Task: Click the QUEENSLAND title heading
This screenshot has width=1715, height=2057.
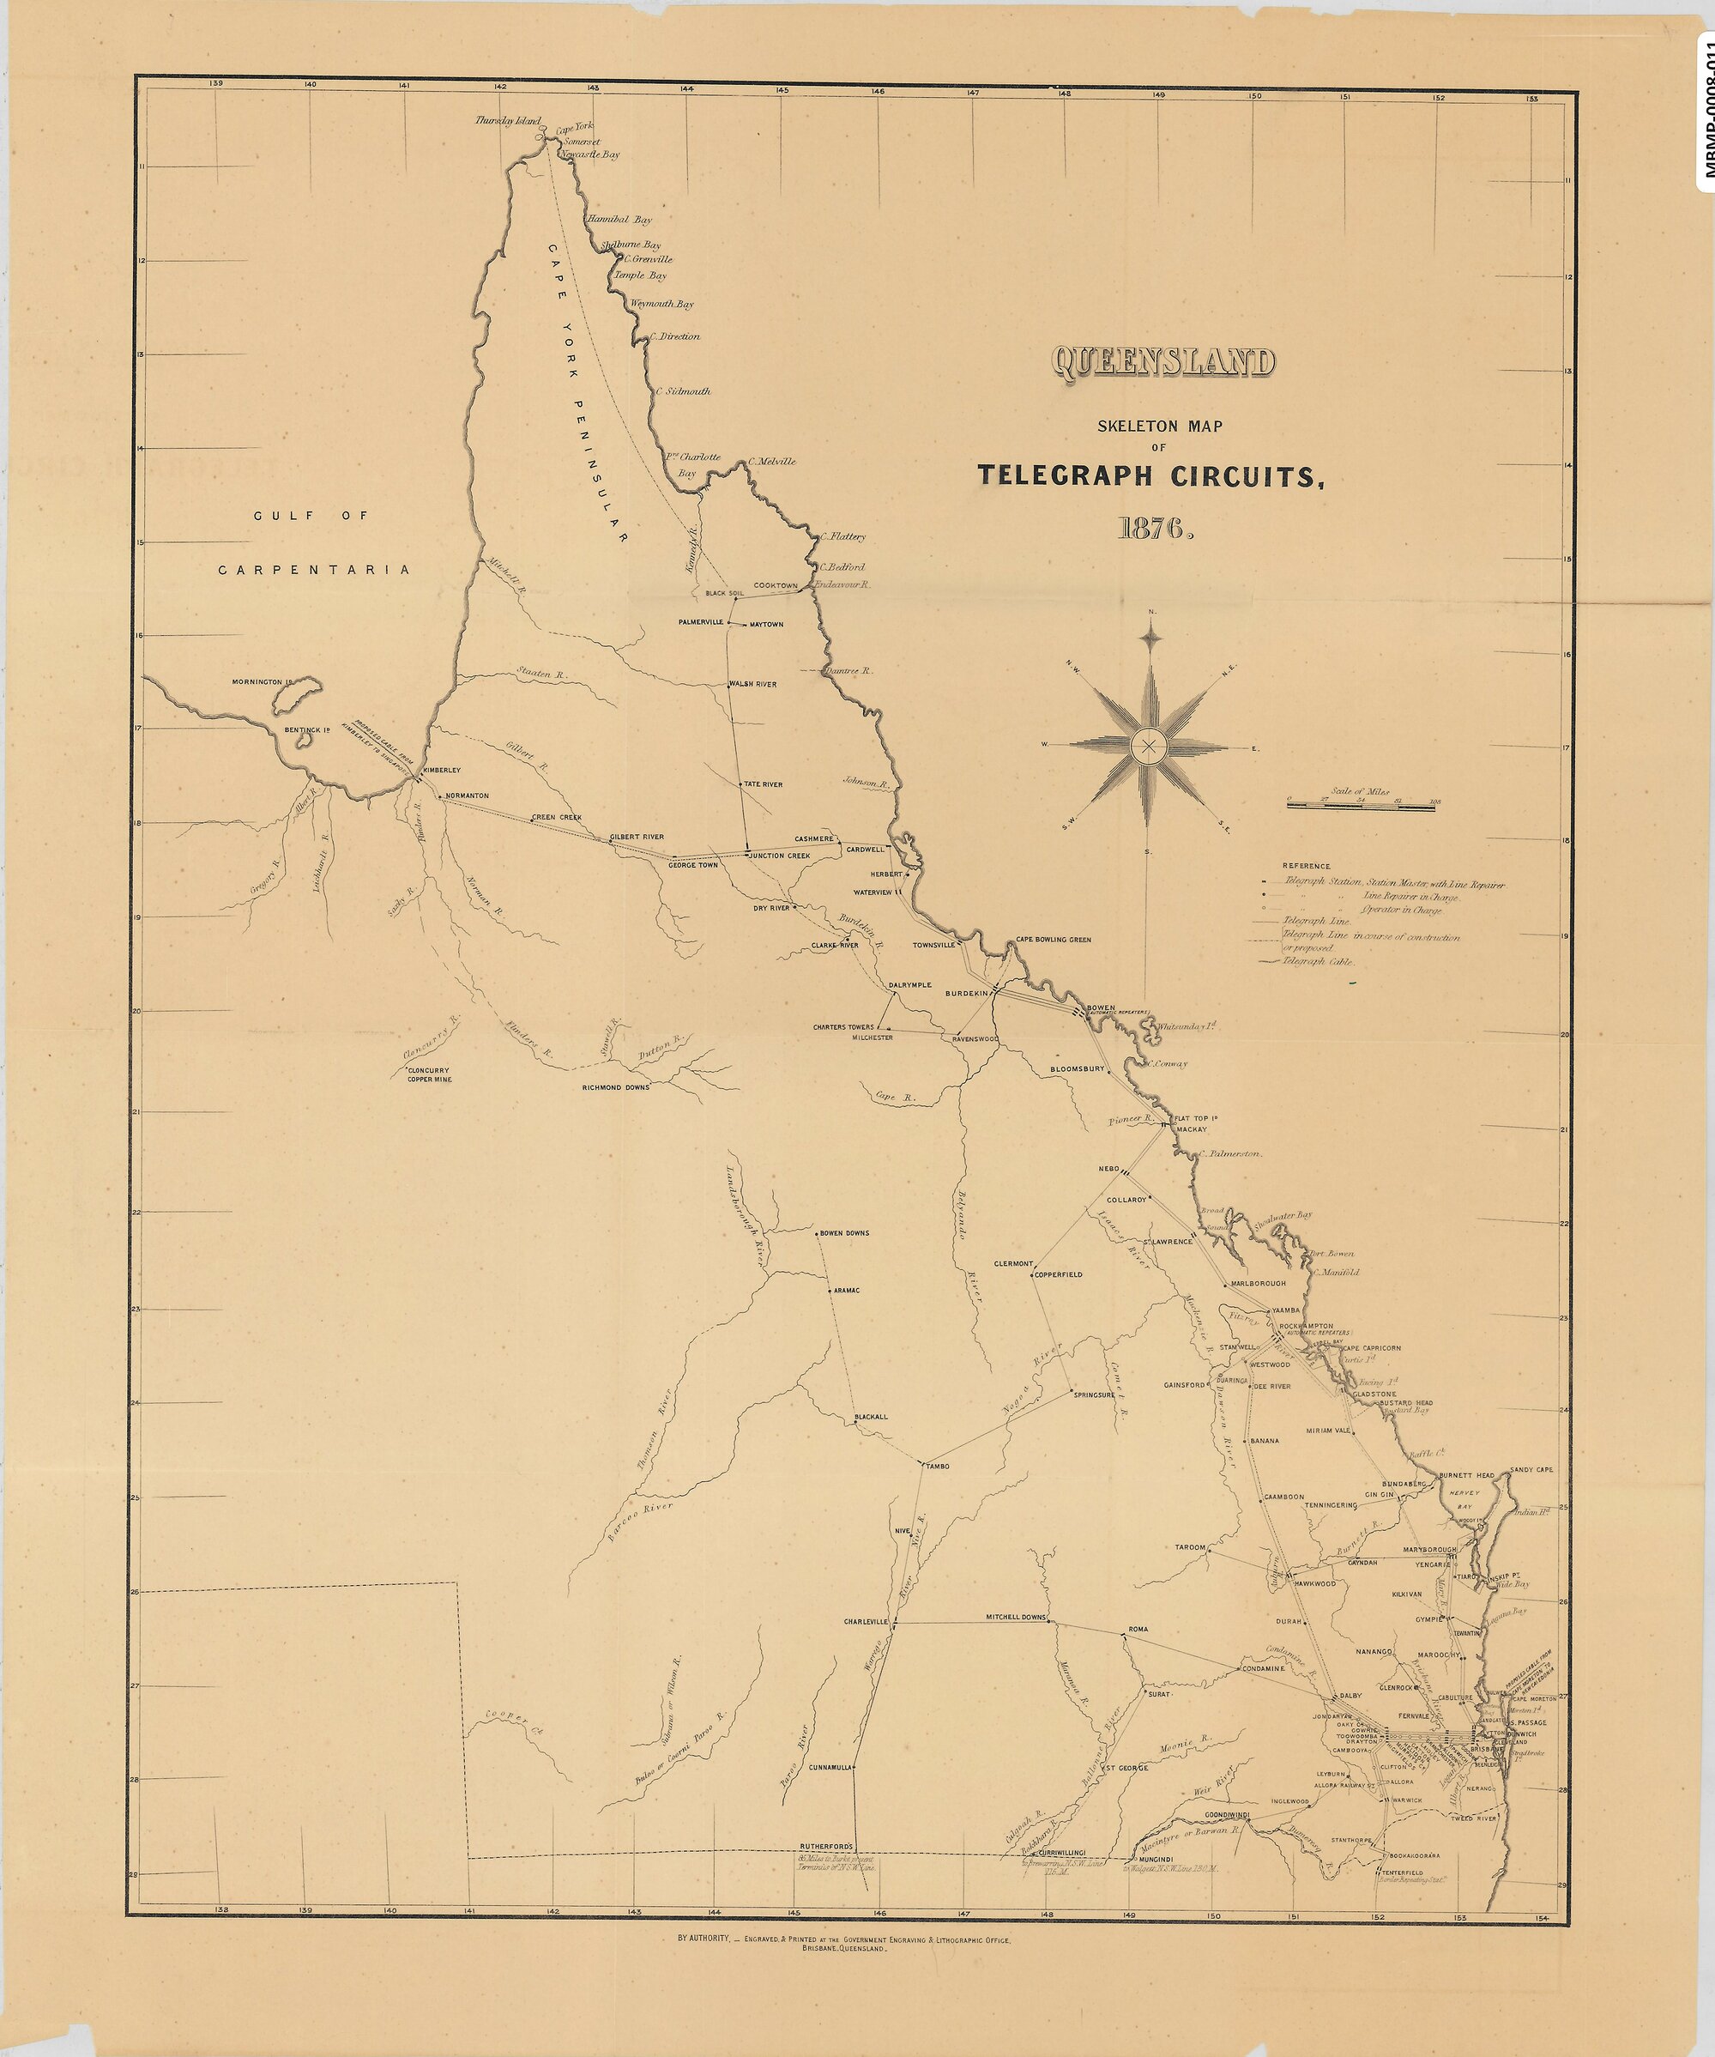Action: coord(1163,362)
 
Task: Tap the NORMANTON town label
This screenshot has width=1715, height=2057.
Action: coord(466,796)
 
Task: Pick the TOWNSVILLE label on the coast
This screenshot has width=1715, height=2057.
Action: coord(933,945)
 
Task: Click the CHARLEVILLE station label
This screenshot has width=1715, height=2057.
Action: coord(865,1621)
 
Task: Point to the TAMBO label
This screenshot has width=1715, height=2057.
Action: coord(938,1466)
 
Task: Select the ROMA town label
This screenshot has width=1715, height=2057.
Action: coord(1137,1629)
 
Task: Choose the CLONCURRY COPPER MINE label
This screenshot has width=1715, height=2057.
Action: coord(430,1074)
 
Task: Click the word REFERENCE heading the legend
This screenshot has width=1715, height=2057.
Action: coord(1307,866)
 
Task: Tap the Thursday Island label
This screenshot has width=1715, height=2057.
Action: coord(507,120)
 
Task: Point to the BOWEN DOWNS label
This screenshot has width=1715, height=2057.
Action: coord(843,1233)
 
